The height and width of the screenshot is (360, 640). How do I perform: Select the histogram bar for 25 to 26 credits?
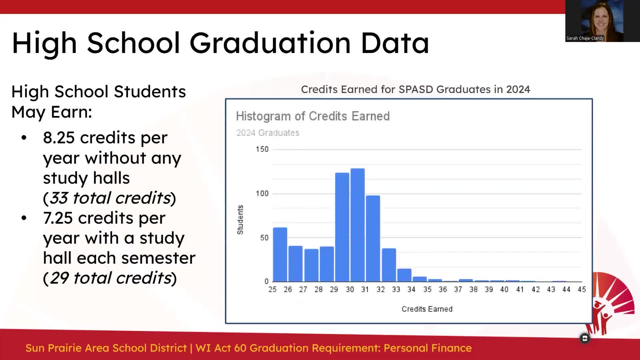[x=280, y=255]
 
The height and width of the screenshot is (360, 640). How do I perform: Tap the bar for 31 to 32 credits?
[x=373, y=238]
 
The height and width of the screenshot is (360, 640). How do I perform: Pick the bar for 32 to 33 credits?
[x=389, y=265]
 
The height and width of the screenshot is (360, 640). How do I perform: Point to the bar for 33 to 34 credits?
[x=404, y=275]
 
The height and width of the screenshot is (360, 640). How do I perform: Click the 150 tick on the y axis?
[x=262, y=149]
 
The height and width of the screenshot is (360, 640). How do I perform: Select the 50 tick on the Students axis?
[x=264, y=238]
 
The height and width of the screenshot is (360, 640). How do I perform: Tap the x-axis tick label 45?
[x=582, y=290]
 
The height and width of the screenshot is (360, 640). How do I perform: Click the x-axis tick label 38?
[x=473, y=290]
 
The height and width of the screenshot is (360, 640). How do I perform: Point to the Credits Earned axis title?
[x=427, y=309]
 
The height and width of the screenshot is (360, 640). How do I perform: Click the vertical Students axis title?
[x=240, y=220]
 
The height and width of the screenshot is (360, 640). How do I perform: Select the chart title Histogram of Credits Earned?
[x=313, y=116]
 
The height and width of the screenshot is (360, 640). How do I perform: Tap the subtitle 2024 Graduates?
[x=268, y=133]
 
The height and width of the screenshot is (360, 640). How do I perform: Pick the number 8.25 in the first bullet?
[x=59, y=138]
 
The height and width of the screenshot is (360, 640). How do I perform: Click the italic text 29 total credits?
[x=110, y=278]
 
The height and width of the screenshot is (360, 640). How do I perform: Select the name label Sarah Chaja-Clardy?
[x=585, y=38]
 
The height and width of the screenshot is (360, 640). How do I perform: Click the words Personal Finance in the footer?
[x=427, y=348]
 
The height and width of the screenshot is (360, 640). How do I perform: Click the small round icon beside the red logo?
[x=585, y=339]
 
